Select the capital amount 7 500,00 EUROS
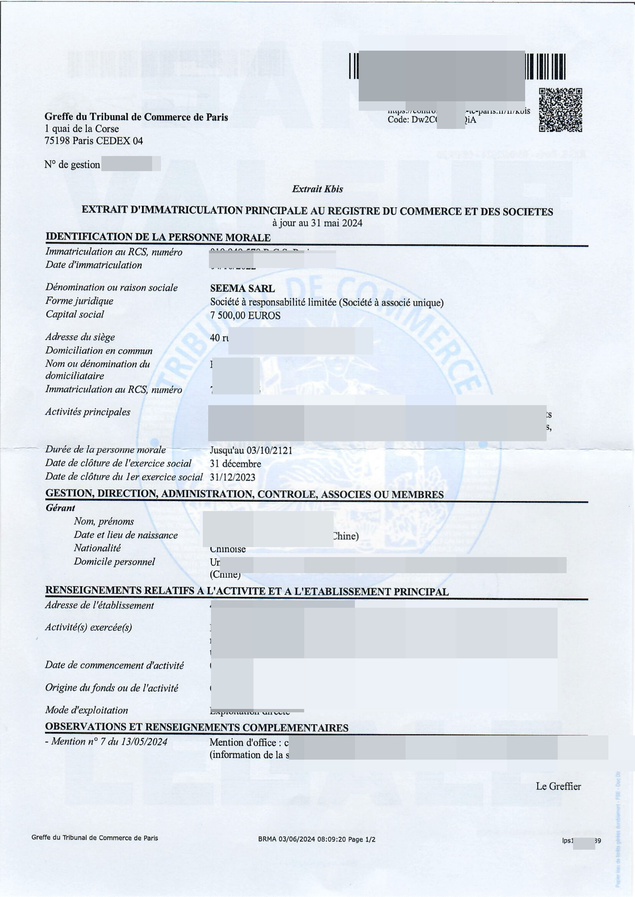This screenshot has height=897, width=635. coord(245,315)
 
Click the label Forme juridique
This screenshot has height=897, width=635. coord(79,301)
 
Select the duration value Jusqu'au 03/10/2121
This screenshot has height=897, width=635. coord(251,450)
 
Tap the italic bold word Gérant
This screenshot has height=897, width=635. coord(60,508)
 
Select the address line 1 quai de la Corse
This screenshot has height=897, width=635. coord(82,129)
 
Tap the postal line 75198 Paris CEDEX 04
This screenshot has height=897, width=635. coord(94,141)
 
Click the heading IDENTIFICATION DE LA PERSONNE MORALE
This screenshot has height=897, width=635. coord(158,237)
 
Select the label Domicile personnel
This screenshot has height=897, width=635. coord(114,561)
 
